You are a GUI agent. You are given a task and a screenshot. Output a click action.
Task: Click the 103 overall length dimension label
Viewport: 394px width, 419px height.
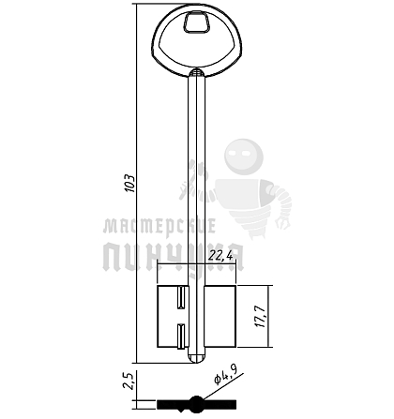click(130, 183)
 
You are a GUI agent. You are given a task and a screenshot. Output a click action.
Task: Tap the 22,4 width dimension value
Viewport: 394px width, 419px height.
click(220, 256)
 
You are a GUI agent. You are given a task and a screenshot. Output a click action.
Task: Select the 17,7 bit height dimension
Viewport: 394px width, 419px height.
click(260, 316)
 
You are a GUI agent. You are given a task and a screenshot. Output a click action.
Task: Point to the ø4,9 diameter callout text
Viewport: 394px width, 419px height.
click(225, 374)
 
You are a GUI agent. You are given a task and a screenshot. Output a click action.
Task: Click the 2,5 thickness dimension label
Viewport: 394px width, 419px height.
click(129, 380)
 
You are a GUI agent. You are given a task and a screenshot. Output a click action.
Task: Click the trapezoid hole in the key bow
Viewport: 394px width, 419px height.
click(197, 22)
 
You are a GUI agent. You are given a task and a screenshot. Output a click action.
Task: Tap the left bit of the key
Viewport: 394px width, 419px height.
click(173, 316)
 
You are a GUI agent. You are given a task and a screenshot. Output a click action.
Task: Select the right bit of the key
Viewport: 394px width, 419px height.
click(220, 316)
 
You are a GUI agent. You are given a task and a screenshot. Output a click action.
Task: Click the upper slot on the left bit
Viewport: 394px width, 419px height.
click(181, 297)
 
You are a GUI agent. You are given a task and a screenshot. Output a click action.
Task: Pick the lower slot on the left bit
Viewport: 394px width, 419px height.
click(181, 337)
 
